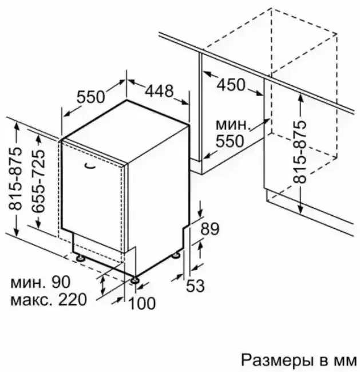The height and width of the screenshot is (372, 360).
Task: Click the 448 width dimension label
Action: point(159,90)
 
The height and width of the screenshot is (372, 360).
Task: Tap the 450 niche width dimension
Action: point(231,85)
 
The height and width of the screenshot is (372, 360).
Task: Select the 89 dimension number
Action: point(210,229)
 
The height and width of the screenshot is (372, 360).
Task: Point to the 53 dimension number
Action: point(195,286)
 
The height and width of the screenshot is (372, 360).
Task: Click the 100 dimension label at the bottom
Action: point(142,303)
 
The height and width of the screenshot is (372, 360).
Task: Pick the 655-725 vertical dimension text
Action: point(38,181)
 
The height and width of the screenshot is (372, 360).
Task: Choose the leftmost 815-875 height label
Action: point(15,179)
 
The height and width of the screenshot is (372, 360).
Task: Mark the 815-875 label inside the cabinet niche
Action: point(299,152)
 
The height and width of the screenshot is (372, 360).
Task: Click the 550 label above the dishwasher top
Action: point(90,97)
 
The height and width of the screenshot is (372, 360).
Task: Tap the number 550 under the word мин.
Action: point(230,141)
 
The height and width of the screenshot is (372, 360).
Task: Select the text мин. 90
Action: point(40,282)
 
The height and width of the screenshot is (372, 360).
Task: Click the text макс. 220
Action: point(49,299)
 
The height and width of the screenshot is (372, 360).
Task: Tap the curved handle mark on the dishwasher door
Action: point(89,166)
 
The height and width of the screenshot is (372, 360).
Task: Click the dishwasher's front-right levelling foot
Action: point(134,280)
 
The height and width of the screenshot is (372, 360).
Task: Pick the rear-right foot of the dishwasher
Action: point(176,256)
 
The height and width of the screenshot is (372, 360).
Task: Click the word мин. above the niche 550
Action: point(233,125)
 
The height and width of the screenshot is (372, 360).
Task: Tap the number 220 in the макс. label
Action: point(73,299)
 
